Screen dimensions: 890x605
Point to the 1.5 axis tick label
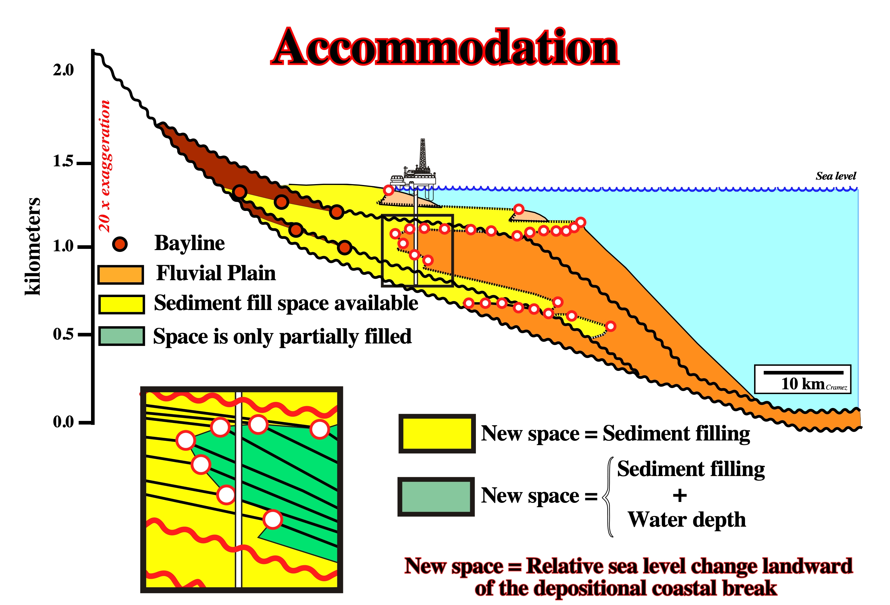(x=63, y=161)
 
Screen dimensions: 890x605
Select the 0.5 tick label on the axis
(x=63, y=334)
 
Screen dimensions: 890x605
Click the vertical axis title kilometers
(x=33, y=246)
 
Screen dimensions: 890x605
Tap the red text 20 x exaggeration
(x=104, y=166)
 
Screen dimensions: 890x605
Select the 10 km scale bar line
(x=804, y=372)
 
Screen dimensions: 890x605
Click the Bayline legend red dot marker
(x=120, y=244)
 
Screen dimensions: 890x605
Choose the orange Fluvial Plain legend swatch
(x=121, y=274)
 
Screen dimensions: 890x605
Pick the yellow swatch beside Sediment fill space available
(x=121, y=304)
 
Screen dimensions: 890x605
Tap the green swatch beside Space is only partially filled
(x=121, y=336)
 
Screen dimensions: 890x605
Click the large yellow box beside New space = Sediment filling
(x=437, y=434)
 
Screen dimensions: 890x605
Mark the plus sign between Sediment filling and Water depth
(x=680, y=496)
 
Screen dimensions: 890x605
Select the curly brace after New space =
(x=608, y=497)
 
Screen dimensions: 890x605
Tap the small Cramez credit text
(x=836, y=387)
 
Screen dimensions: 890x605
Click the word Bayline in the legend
(x=190, y=243)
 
